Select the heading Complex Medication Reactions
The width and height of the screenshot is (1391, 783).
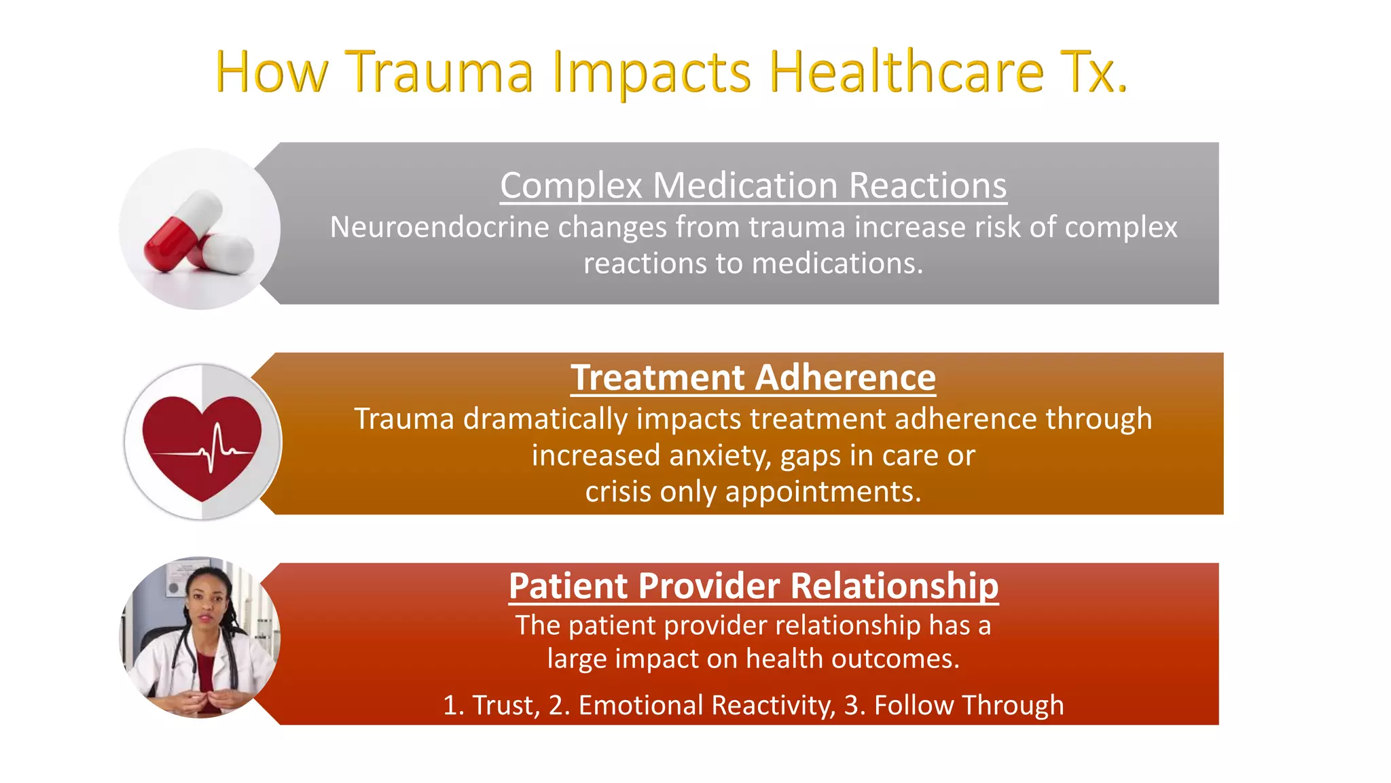pyautogui.click(x=753, y=186)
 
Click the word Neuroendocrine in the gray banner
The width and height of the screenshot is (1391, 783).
pyautogui.click(x=439, y=227)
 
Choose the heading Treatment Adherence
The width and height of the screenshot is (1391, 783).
pyautogui.click(x=753, y=378)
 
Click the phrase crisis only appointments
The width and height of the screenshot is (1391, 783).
pyautogui.click(x=753, y=491)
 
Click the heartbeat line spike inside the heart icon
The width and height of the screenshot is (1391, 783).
pyautogui.click(x=215, y=445)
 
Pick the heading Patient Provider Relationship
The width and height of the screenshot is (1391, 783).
pyautogui.click(x=753, y=586)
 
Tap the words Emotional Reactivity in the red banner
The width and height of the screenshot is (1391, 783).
pyautogui.click(x=706, y=706)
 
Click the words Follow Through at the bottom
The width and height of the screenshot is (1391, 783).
pyautogui.click(x=969, y=706)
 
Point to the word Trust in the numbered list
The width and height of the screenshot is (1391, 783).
pyautogui.click(x=504, y=706)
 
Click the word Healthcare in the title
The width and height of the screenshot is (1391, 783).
pyautogui.click(x=906, y=72)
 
